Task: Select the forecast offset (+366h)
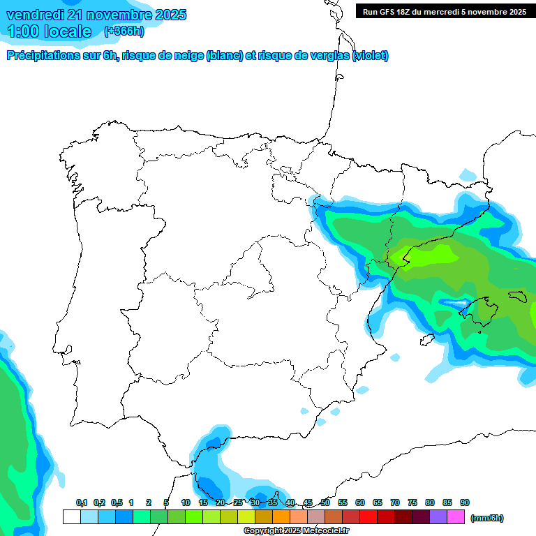pos(124,31)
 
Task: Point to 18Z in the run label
pos(399,12)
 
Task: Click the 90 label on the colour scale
pos(464,502)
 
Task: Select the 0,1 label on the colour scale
pos(82,502)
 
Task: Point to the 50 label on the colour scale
pos(325,502)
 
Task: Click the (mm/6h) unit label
pos(486,518)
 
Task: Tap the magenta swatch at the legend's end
pos(456,516)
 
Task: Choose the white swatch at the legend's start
pos(71,516)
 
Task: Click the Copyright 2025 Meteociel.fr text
pos(297,530)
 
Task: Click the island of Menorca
pos(517,296)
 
